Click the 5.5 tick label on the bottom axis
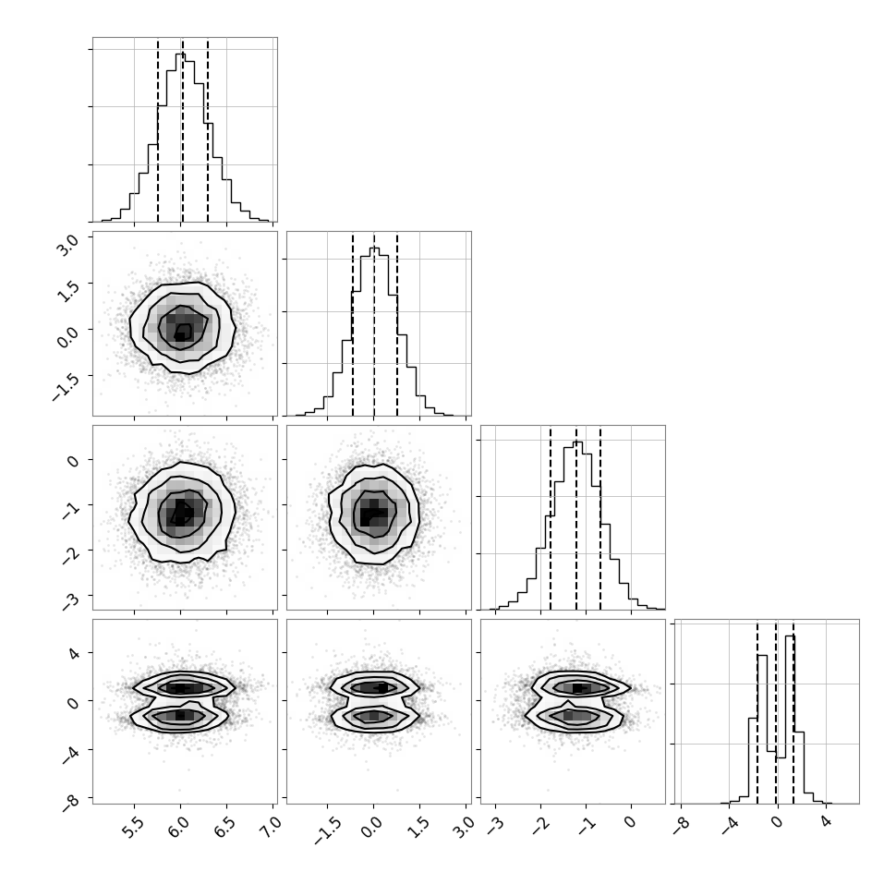point(133,828)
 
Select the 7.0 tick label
point(271,828)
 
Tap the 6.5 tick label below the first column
point(224,828)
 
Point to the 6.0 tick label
point(179,828)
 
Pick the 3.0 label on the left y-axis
point(68,245)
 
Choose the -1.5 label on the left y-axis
point(66,386)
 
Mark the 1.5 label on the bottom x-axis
point(418,828)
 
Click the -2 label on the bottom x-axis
point(539,825)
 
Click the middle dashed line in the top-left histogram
point(183,131)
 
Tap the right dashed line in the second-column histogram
point(397,324)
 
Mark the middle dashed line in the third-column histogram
point(576,519)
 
